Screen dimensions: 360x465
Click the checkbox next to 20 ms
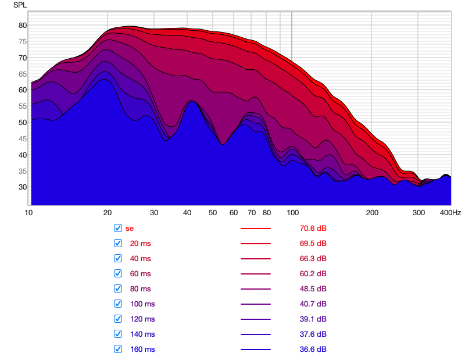pyautogui.click(x=118, y=243)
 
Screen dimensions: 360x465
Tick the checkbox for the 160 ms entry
pyautogui.click(x=118, y=349)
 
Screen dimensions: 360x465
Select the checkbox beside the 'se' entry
pyautogui.click(x=118, y=228)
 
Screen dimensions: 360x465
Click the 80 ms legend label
pyautogui.click(x=140, y=288)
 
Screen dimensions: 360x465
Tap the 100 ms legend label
pyautogui.click(x=142, y=304)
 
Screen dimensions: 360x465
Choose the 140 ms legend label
pyautogui.click(x=142, y=334)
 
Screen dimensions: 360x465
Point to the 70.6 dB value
pyautogui.click(x=309, y=228)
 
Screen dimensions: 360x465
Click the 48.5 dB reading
pyautogui.click(x=309, y=288)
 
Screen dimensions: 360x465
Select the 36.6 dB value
pyautogui.click(x=309, y=349)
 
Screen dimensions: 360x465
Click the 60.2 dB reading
pyautogui.click(x=309, y=273)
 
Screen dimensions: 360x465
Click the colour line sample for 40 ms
pyautogui.click(x=256, y=258)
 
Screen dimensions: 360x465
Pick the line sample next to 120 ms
pyautogui.click(x=256, y=319)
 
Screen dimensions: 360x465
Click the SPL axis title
pyautogui.click(x=20, y=5)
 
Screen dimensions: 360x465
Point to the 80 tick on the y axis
pyautogui.click(x=23, y=25)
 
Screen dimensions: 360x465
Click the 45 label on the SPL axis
pyautogui.click(x=23, y=138)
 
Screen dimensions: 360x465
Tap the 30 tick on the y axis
pyautogui.click(x=23, y=187)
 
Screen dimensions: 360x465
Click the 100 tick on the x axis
pyautogui.click(x=292, y=213)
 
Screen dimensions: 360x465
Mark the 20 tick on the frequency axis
pyautogui.click(x=108, y=213)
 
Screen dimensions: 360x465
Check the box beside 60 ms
pyautogui.click(x=118, y=273)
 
